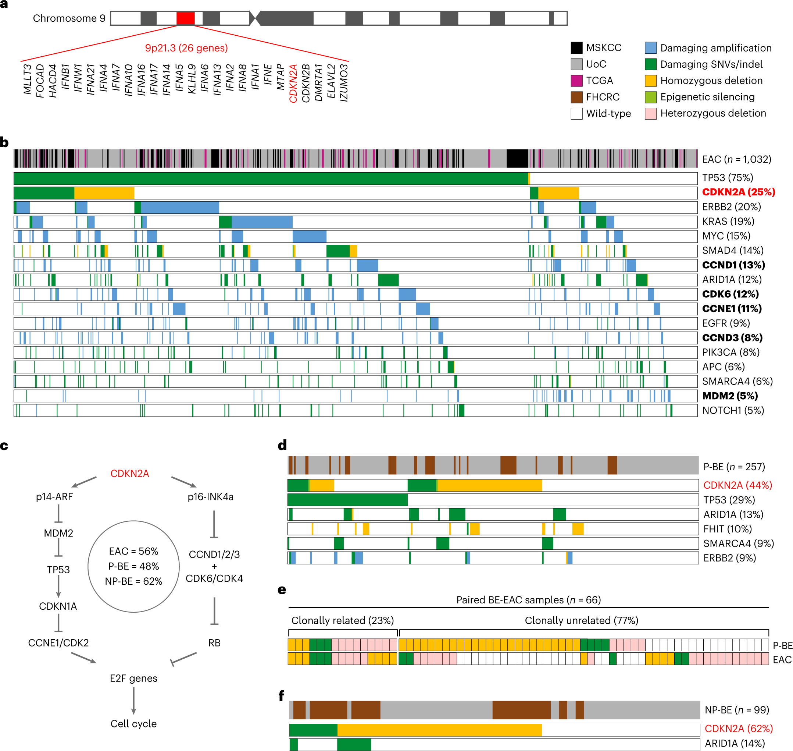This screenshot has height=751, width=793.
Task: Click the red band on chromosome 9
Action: pyautogui.click(x=186, y=18)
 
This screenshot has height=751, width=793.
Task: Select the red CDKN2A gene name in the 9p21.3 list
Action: pyautogui.click(x=293, y=83)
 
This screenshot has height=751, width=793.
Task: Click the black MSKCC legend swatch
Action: pyautogui.click(x=576, y=47)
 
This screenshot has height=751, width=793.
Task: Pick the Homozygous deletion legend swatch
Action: pyautogui.click(x=650, y=81)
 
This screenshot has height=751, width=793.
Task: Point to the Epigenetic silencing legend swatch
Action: pyautogui.click(x=650, y=97)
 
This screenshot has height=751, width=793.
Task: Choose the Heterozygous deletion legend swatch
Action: pyautogui.click(x=650, y=113)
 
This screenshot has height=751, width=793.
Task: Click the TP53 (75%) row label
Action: pyautogui.click(x=728, y=178)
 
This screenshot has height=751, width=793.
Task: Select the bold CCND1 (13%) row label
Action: pyautogui.click(x=733, y=265)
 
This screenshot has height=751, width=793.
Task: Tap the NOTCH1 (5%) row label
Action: pyautogui.click(x=733, y=410)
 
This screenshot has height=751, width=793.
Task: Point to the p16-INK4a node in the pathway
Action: pyautogui.click(x=210, y=497)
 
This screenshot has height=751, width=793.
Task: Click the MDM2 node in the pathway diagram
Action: pyautogui.click(x=58, y=533)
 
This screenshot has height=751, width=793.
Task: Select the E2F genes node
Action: pyautogui.click(x=133, y=678)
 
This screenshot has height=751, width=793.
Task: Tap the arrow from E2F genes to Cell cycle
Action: pyautogui.click(x=133, y=701)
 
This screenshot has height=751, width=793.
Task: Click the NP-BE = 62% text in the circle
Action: pyautogui.click(x=133, y=581)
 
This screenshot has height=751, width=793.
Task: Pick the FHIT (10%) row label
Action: pyautogui.click(x=728, y=529)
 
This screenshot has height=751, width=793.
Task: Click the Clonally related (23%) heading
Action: pyautogui.click(x=342, y=620)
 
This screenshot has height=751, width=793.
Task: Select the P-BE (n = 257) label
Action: pyautogui.click(x=734, y=467)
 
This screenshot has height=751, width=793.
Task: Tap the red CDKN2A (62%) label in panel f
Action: pyautogui.click(x=738, y=729)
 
